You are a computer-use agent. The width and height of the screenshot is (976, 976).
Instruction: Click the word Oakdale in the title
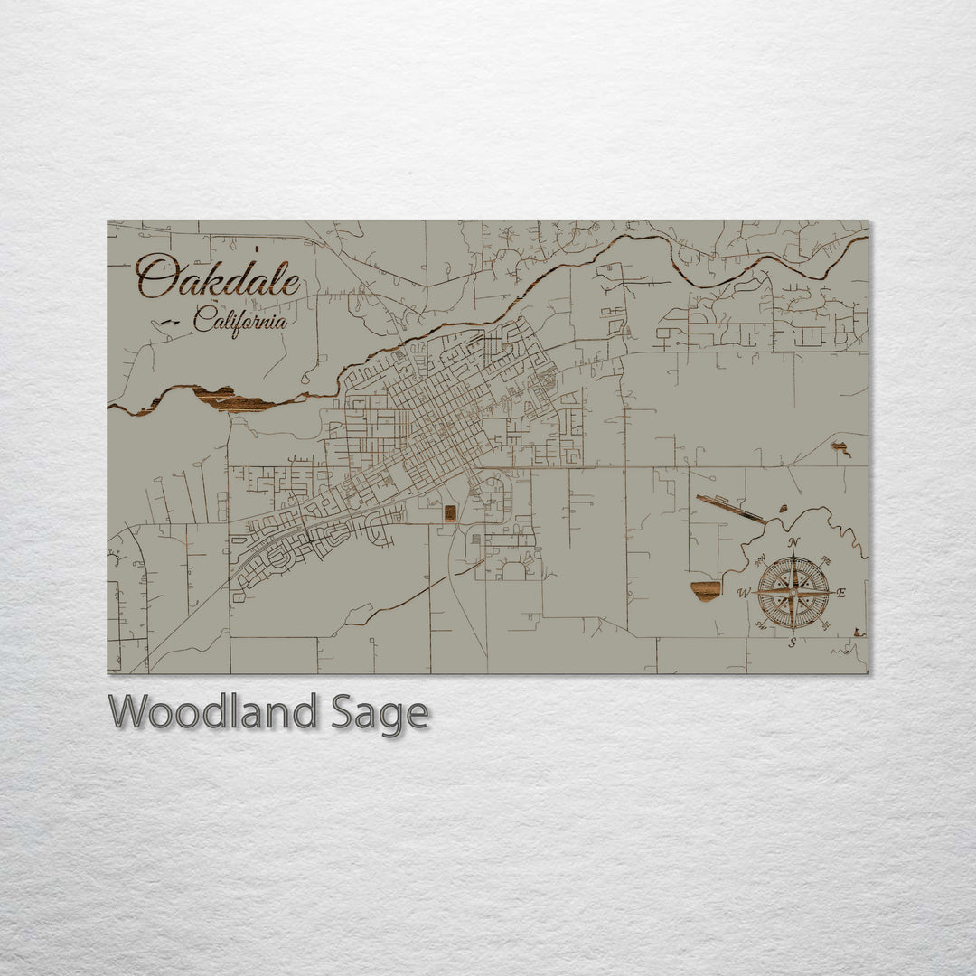[219, 277]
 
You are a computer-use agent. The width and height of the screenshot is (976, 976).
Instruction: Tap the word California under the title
[240, 320]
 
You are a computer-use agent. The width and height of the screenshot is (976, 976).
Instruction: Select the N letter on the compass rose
[793, 542]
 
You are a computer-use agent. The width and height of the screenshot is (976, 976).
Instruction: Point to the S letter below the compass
[793, 643]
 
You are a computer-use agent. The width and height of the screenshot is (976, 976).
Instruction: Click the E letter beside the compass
[841, 593]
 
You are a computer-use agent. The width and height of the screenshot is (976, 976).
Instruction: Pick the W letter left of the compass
[744, 593]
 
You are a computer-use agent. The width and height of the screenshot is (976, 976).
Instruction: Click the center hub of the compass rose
[793, 593]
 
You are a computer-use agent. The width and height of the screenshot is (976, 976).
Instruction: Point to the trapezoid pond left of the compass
[707, 589]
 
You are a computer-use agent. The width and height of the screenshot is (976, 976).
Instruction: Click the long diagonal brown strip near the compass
[730, 509]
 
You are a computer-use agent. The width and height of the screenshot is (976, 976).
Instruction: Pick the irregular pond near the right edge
[840, 447]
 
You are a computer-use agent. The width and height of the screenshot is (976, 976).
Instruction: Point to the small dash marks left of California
[170, 322]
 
